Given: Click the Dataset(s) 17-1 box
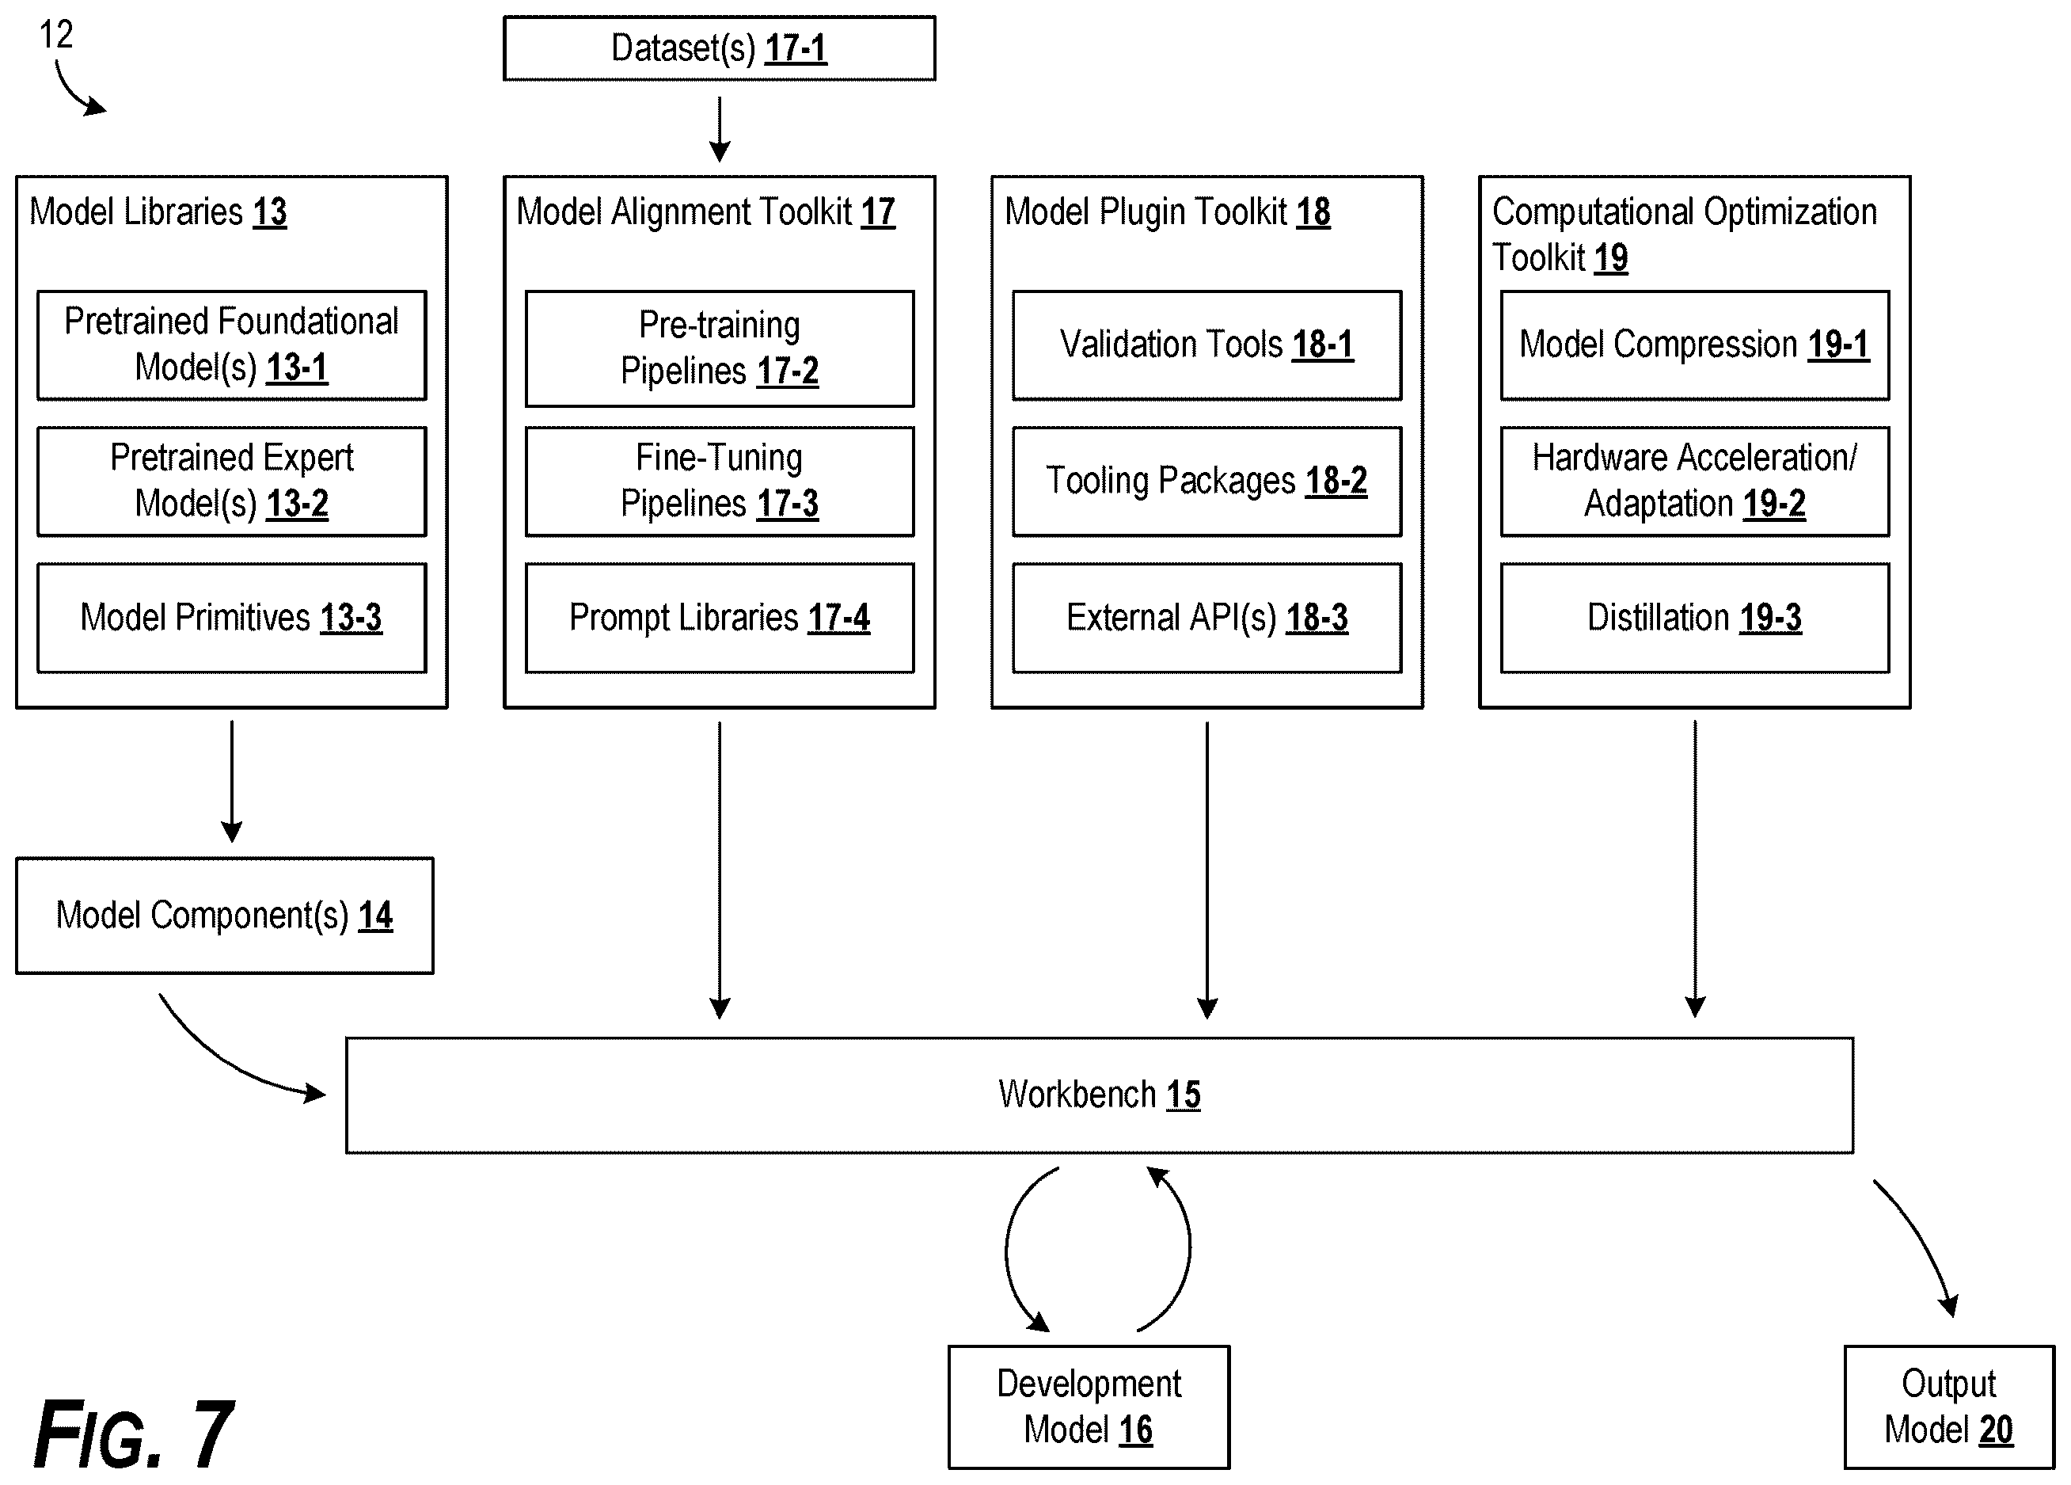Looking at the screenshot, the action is (x=719, y=48).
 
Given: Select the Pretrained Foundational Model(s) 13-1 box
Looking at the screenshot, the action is (x=231, y=345).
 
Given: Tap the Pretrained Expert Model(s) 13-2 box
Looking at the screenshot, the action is (x=231, y=482).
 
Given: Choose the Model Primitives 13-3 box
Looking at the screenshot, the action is (x=231, y=619).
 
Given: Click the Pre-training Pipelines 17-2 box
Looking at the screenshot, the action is (x=720, y=348).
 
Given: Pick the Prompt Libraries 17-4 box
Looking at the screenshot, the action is (x=720, y=619).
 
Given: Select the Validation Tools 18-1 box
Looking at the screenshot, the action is (x=1206, y=345).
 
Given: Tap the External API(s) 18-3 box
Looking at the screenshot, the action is (x=1206, y=619).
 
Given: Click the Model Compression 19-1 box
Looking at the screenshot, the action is (x=1695, y=345).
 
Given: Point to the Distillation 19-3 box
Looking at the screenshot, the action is (x=1695, y=619).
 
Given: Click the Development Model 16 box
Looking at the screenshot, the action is (x=1089, y=1407).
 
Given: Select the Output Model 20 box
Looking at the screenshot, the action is (x=1948, y=1407).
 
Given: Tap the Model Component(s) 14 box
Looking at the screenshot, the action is (x=225, y=915).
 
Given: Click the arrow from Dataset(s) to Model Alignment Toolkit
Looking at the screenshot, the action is (x=720, y=130).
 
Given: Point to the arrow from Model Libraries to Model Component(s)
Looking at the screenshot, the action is (x=232, y=782).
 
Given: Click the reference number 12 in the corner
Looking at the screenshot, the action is (x=55, y=35).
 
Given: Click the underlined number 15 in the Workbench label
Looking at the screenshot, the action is (x=1184, y=1094).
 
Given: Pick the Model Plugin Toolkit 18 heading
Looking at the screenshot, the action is (x=1167, y=212).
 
